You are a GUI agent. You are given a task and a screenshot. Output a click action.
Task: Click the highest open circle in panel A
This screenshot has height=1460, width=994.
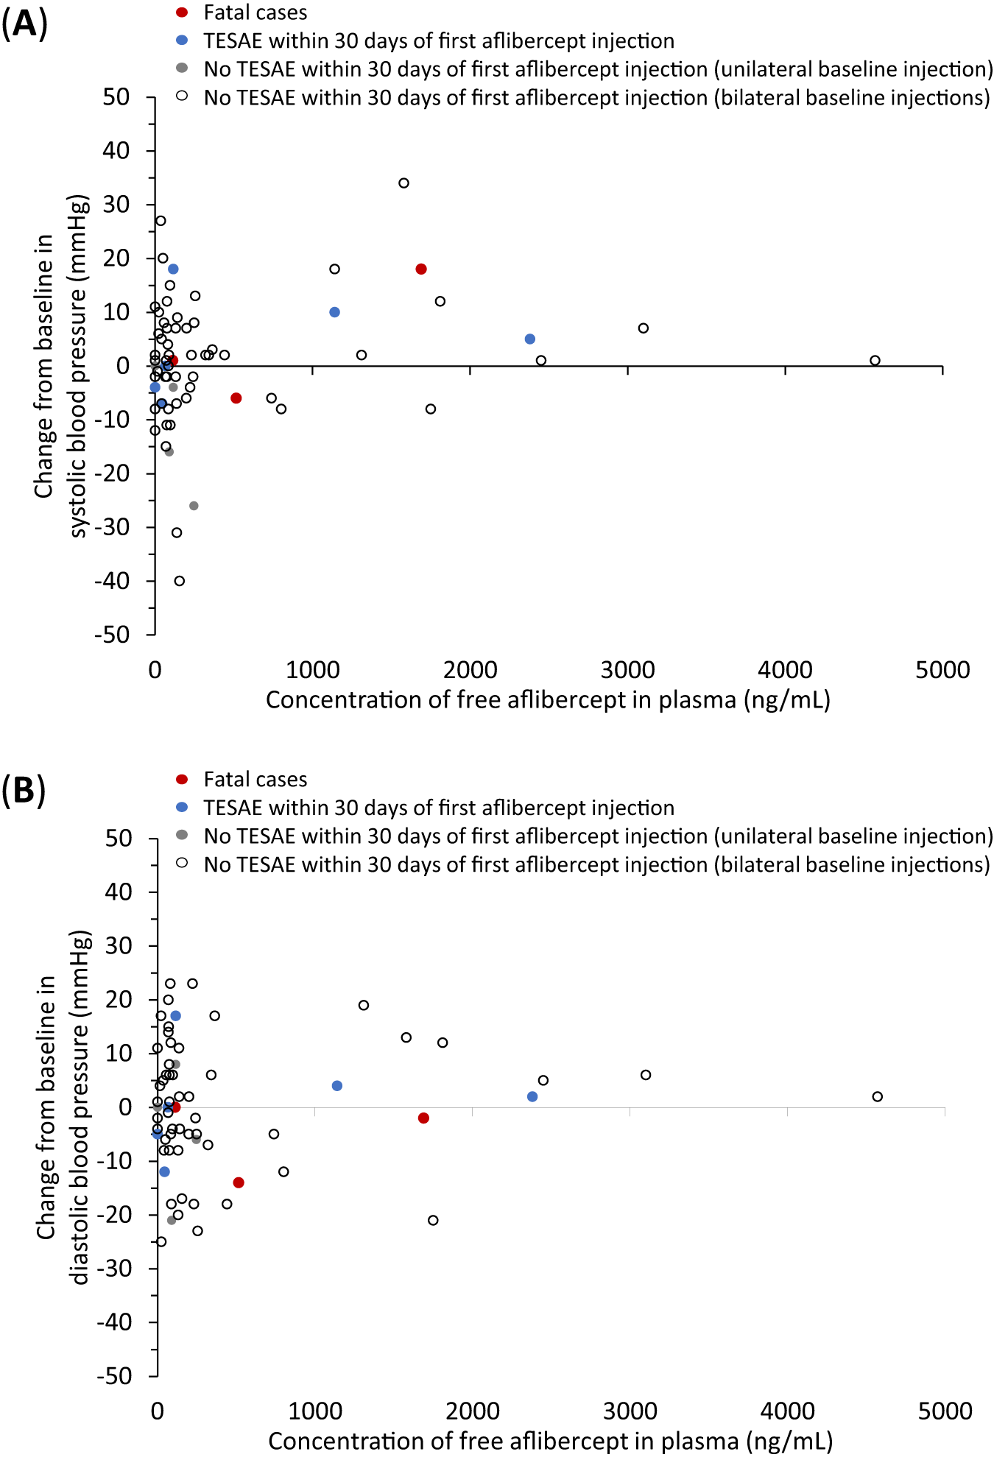point(403,183)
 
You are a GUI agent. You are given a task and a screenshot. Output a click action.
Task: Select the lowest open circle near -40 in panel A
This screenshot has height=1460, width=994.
point(180,581)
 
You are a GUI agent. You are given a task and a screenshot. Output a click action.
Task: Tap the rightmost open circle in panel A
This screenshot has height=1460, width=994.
point(875,361)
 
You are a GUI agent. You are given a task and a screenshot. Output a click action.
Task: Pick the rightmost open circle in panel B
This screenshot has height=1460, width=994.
point(877,1097)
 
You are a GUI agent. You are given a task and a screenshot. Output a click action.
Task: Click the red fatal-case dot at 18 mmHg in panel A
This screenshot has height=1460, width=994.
point(421,269)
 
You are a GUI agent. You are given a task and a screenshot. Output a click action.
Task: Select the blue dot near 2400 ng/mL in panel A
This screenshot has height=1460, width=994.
point(530,339)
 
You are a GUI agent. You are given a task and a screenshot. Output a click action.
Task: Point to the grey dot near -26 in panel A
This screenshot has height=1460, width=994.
point(194,506)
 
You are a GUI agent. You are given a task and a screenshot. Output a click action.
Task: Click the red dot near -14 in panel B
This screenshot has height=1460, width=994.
point(239,1182)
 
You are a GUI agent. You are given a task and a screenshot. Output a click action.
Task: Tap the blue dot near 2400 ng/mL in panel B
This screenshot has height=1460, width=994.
point(532,1097)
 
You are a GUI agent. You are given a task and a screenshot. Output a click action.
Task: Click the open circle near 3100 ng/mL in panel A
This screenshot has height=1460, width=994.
point(644,328)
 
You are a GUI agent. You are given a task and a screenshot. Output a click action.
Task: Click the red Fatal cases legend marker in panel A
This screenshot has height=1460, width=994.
point(183,13)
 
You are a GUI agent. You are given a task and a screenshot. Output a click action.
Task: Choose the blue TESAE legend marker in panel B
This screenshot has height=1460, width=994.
point(183,808)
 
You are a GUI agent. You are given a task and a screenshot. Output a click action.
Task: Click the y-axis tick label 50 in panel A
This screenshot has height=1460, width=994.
point(116,96)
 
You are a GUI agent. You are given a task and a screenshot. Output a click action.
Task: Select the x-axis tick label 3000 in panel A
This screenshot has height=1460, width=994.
point(627,670)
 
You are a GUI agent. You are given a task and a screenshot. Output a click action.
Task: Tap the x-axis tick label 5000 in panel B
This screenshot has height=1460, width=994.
point(945,1411)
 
